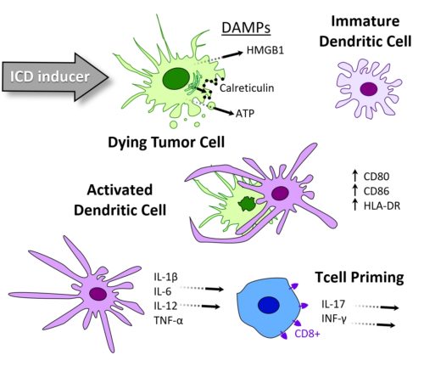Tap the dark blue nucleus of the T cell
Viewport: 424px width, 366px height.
[x=270, y=307]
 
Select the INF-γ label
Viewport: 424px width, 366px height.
[x=336, y=319]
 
